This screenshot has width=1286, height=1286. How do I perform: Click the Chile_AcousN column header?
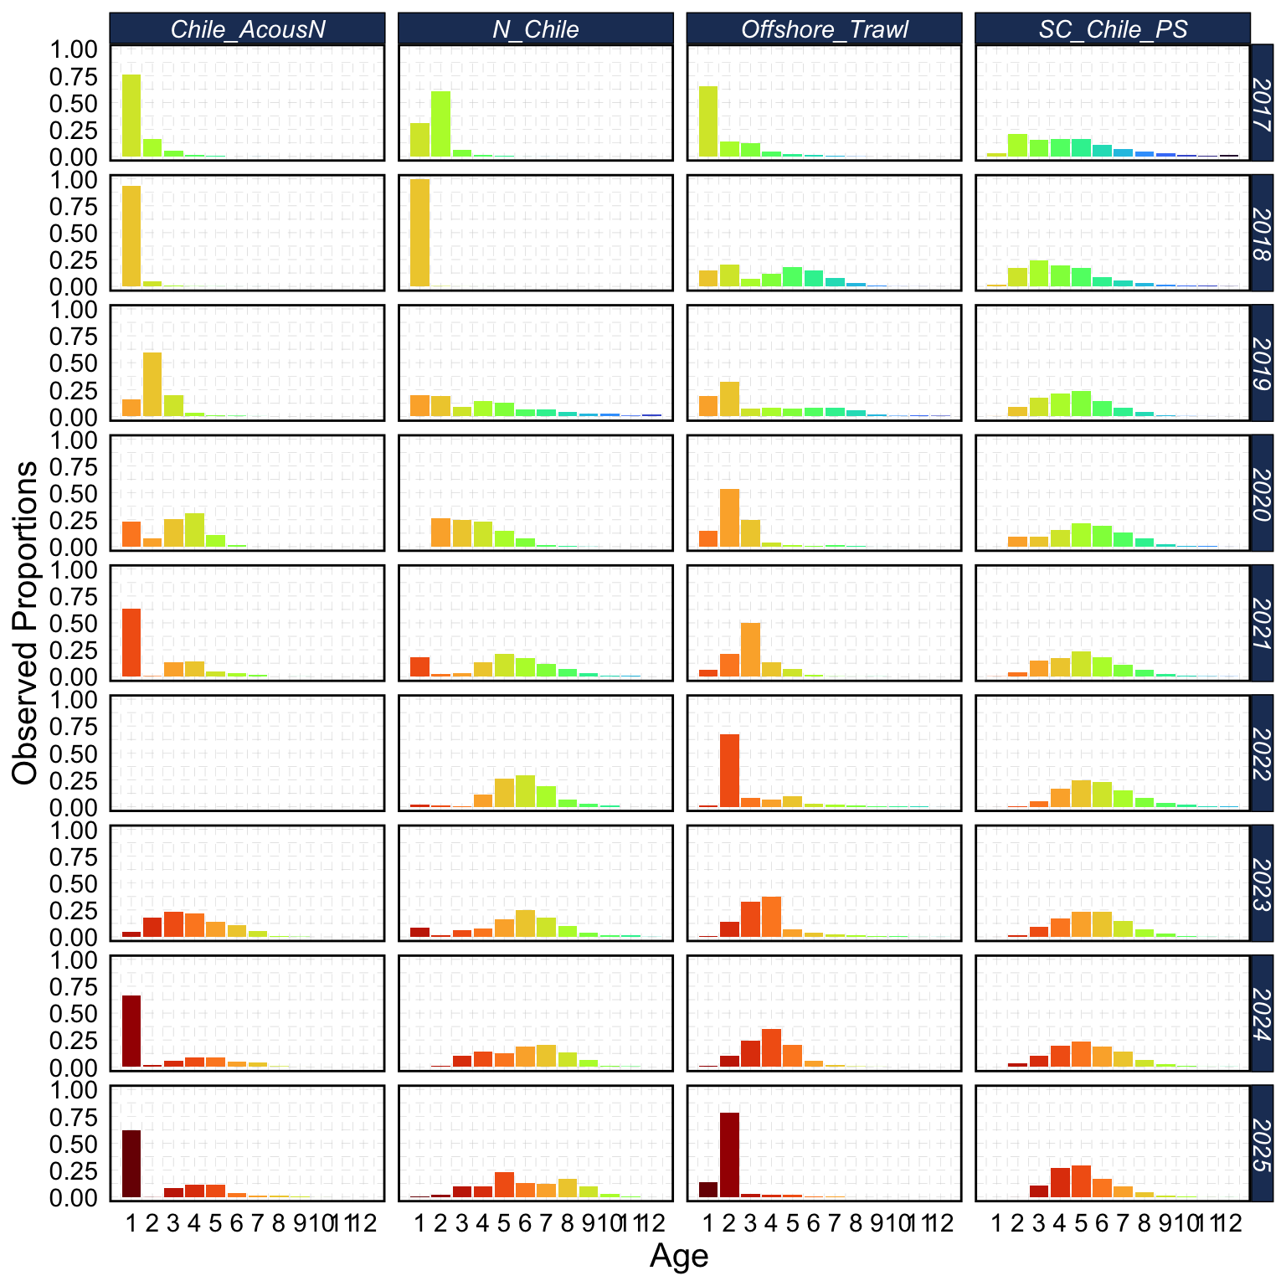pos(247,28)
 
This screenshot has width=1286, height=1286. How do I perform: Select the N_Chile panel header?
pos(535,28)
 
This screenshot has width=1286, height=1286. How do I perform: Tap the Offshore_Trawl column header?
pos(824,28)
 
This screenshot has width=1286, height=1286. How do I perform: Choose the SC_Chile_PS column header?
pos(1113,28)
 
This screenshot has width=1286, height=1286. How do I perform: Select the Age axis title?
pos(679,1256)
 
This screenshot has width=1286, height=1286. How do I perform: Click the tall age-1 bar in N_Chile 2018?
pos(419,233)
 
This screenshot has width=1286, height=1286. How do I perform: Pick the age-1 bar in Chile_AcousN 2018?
pos(131,236)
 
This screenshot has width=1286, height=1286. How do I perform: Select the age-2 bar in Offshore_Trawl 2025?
pos(729,1155)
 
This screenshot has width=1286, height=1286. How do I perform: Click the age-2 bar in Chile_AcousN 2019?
pos(152,384)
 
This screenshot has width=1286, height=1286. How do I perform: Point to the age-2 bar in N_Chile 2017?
pos(440,124)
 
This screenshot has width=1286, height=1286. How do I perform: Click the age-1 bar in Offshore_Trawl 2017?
pos(708,121)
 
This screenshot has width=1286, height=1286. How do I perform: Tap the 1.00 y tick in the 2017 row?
pos(75,50)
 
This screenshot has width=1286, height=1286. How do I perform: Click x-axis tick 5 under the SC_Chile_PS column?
pos(1081,1224)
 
